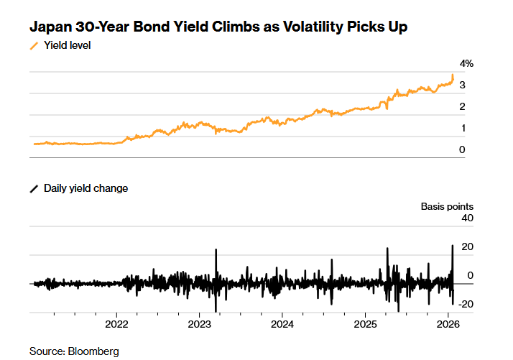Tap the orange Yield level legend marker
click(x=34, y=46)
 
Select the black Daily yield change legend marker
click(x=34, y=188)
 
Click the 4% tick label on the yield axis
click(x=466, y=64)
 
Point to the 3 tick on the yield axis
click(x=463, y=86)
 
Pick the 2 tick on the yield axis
click(x=463, y=107)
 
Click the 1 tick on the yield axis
click(x=463, y=129)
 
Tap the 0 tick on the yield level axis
click(x=463, y=150)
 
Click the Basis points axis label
click(x=447, y=207)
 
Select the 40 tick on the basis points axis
click(x=467, y=218)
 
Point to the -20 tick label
click(x=466, y=304)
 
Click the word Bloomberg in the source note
click(x=93, y=351)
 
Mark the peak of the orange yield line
click(x=453, y=75)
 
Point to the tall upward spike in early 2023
click(x=216, y=250)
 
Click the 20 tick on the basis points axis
click(x=467, y=247)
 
